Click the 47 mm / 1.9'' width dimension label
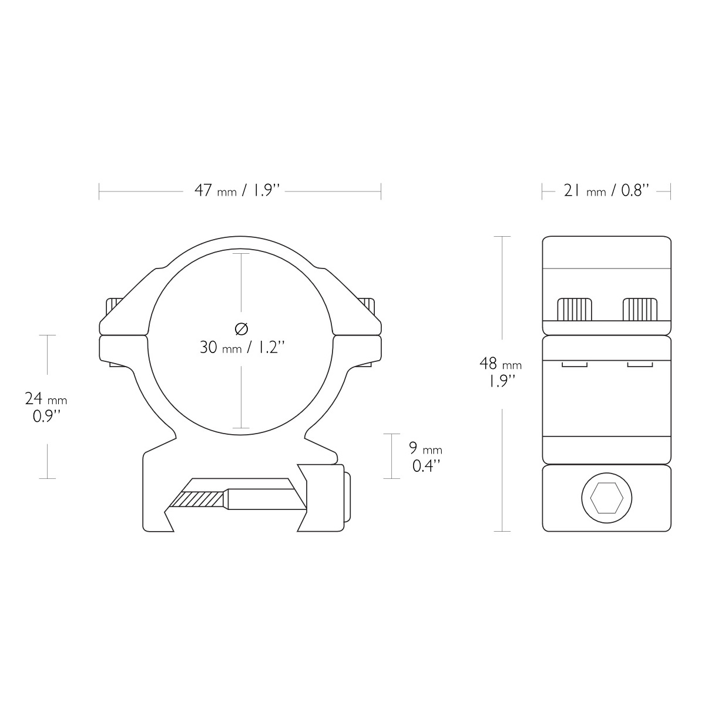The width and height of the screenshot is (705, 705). [237, 190]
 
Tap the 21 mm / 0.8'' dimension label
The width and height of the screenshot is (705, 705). [606, 190]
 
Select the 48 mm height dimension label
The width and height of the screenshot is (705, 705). [501, 372]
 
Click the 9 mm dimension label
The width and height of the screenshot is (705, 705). [425, 457]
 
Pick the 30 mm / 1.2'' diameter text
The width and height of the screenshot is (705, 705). [242, 347]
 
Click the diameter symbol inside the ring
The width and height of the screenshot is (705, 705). [241, 329]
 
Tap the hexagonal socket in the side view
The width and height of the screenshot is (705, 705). [606, 498]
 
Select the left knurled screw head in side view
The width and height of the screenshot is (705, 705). [574, 310]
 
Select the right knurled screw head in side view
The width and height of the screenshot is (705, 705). [640, 310]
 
